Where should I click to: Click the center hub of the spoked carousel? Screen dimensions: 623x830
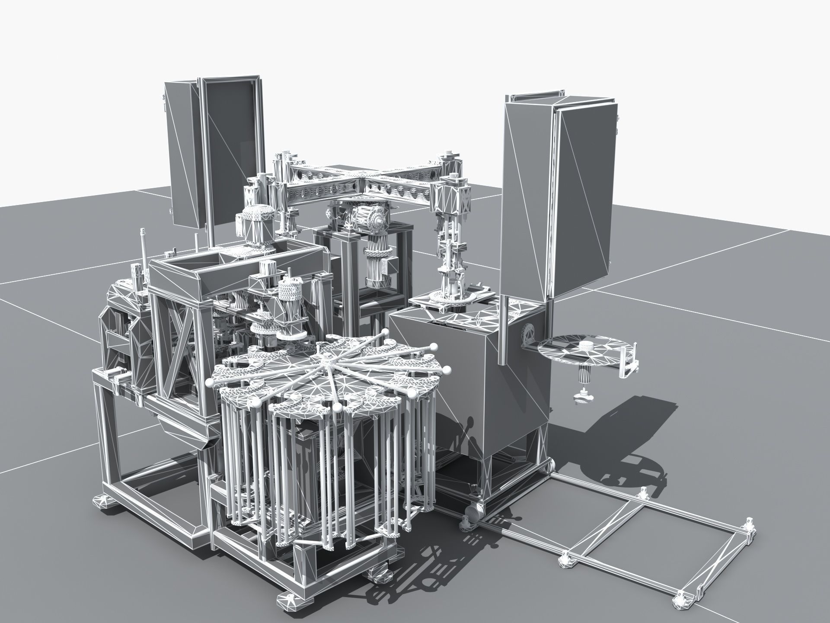pos(327,356)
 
